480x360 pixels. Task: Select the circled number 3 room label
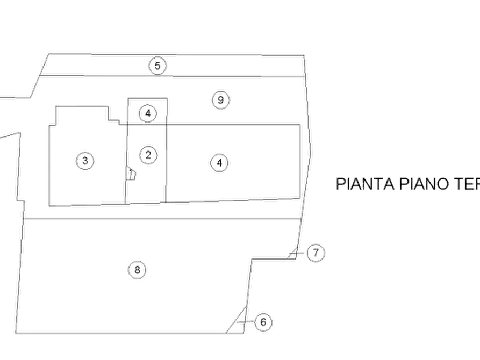pyautogui.click(x=84, y=160)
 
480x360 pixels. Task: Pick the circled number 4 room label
pyautogui.click(x=219, y=162)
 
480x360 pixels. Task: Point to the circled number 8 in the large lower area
pyautogui.click(x=137, y=269)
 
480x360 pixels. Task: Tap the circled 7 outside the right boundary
pyautogui.click(x=317, y=253)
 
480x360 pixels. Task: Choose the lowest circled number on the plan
pyautogui.click(x=264, y=321)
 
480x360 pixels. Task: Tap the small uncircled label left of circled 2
pyautogui.click(x=132, y=173)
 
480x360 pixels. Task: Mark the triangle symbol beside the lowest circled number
pyautogui.click(x=237, y=321)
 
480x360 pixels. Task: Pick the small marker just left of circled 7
pyautogui.click(x=293, y=253)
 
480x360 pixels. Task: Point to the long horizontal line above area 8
pyautogui.click(x=161, y=219)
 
